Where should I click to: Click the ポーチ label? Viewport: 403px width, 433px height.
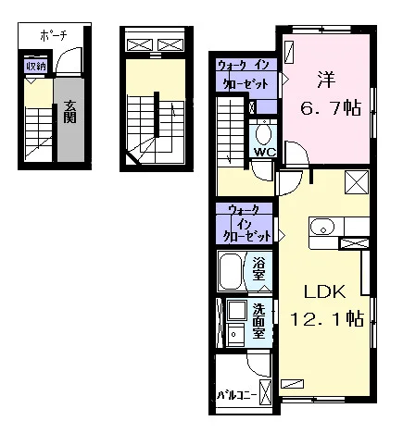tap(54, 36)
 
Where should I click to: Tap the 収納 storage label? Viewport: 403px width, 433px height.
tap(36, 67)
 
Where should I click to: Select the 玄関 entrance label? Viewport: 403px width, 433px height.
tap(69, 112)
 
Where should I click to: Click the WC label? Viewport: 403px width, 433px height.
tap(265, 153)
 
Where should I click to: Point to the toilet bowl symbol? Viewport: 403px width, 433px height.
tap(264, 134)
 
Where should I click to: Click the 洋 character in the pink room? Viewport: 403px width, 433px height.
tap(326, 80)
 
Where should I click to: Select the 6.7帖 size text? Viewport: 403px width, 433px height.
tap(331, 108)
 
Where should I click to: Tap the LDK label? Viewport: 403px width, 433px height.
tap(324, 291)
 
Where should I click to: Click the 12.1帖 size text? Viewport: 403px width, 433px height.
tap(327, 319)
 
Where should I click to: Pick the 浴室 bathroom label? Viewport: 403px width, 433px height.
tap(258, 268)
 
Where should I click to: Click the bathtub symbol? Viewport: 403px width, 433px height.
tap(232, 271)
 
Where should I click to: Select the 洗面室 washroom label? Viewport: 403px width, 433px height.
tap(258, 321)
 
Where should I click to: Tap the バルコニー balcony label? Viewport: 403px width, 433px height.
tap(237, 395)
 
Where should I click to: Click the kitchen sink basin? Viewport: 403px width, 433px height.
tap(322, 227)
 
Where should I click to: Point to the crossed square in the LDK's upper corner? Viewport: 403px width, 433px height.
tap(357, 182)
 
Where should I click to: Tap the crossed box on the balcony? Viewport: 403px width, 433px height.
tap(265, 391)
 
